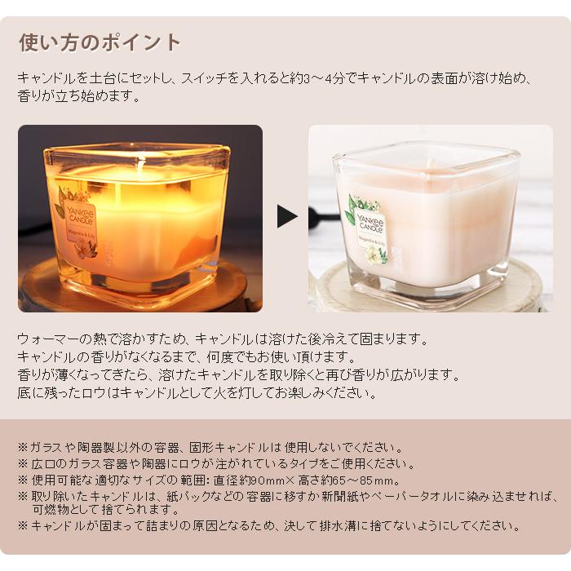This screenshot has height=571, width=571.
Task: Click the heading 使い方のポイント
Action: (99, 42)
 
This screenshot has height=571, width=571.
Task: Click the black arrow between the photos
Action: (286, 216)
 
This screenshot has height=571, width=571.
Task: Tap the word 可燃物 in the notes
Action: (50, 509)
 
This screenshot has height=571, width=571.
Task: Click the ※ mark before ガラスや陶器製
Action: (22, 448)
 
